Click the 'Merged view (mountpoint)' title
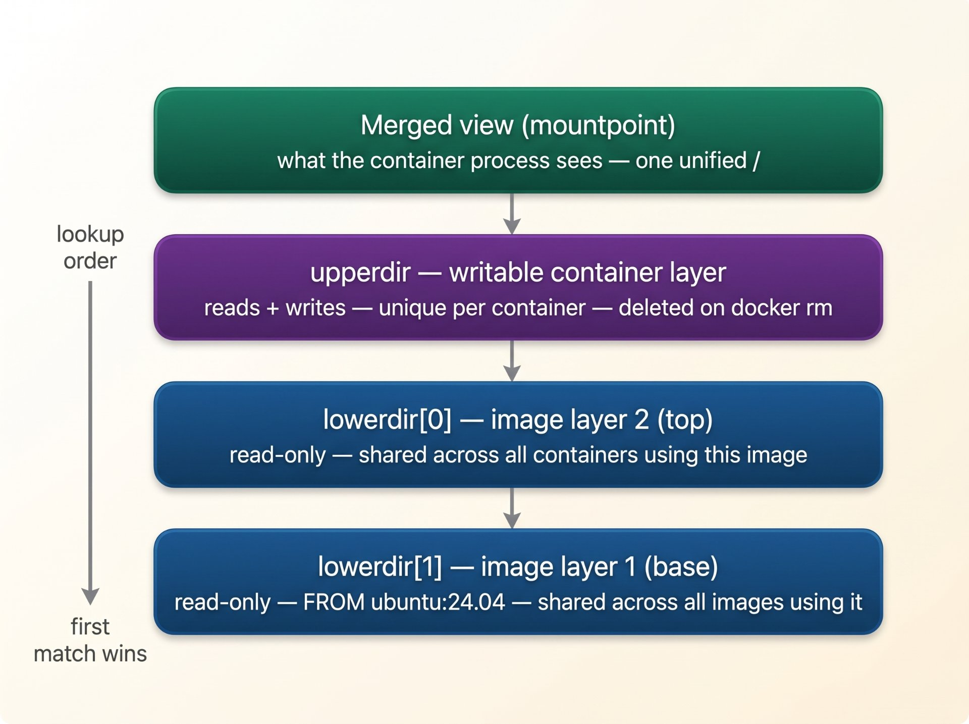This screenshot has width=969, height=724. [x=518, y=125]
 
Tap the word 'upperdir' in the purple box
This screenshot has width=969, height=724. [x=360, y=273]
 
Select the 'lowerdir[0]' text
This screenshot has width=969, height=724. [x=387, y=420]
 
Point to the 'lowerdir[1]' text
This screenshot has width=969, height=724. [x=380, y=567]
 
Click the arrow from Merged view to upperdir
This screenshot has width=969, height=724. [x=512, y=214]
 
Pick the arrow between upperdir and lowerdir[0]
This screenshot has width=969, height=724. [x=512, y=361]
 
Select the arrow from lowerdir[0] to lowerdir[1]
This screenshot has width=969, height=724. [x=512, y=508]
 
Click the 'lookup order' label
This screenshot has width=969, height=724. [x=90, y=247]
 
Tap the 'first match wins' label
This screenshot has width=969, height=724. [x=90, y=640]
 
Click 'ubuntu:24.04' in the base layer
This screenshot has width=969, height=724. [x=438, y=602]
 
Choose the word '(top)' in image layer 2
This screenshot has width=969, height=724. [x=685, y=420]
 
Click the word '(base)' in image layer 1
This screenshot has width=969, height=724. [x=681, y=567]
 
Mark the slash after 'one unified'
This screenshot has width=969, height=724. [x=756, y=161]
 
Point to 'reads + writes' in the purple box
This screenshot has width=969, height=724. [x=275, y=308]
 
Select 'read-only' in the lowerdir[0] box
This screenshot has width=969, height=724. [x=278, y=455]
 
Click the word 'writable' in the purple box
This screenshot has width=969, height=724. [x=496, y=273]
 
